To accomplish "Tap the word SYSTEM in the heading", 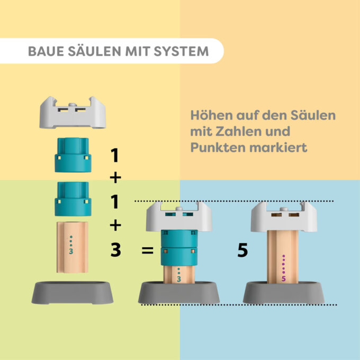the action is pos(181,51).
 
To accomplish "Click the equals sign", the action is pos(147,250).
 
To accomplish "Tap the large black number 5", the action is pos(242,250).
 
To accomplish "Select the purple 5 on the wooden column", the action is pos(284,278).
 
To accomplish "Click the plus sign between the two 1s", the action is pos(115,177).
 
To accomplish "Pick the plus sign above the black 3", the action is pos(115,225).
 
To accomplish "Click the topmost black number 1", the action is pos(115,155).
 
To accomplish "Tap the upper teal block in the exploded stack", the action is pos(73,155).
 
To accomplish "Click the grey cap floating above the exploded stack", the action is pos(73,112).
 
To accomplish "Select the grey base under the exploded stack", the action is pos(73,293).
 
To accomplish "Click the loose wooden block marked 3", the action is pos(73,247).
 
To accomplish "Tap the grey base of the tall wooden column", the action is pos(284,293).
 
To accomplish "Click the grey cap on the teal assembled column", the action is pos(179,217).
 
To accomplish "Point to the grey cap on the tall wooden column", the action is pos(284,217).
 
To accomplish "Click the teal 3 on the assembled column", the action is pos(179,279).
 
